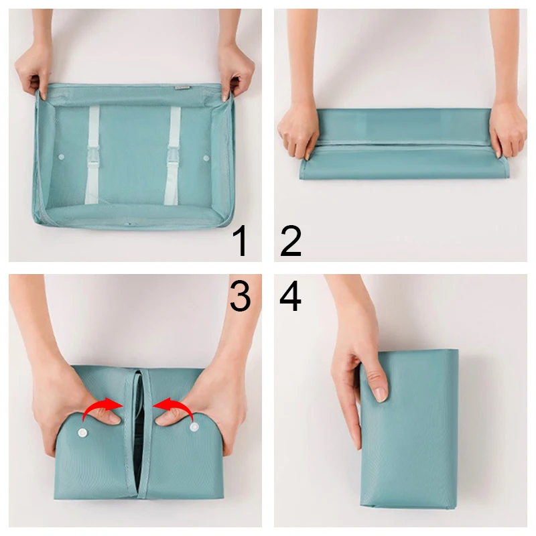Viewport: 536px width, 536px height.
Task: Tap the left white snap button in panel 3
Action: tap(86, 432)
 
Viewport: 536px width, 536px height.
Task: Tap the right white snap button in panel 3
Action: tap(194, 426)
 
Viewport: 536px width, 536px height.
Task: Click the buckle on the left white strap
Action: tap(92, 159)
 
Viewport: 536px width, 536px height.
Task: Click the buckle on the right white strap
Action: tap(173, 160)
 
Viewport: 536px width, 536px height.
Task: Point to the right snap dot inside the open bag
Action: tap(206, 158)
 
